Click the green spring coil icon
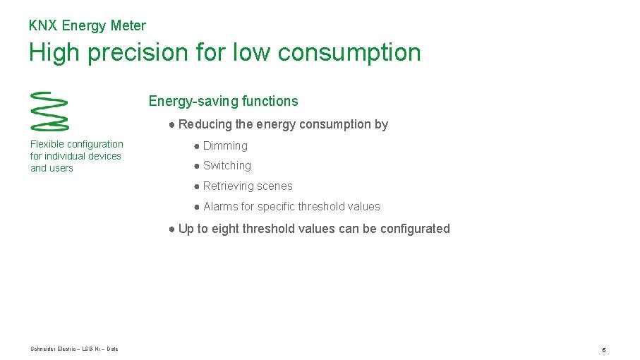coord(49,111)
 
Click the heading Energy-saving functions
coord(223,101)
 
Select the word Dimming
coord(225,146)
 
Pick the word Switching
coord(227,166)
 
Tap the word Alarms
coord(220,207)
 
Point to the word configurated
coord(415,229)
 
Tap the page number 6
coord(604,349)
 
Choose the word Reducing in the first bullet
coord(205,124)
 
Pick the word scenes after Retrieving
coord(277,186)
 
